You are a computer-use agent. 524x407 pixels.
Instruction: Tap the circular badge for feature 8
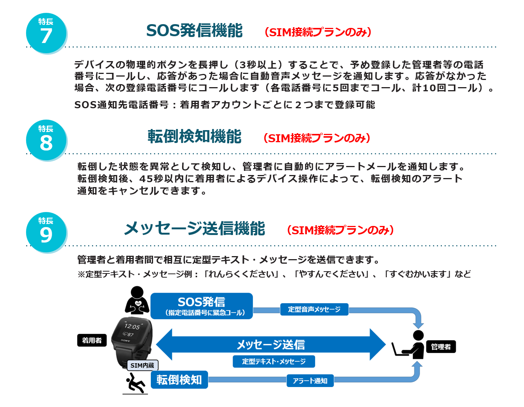point(46,140)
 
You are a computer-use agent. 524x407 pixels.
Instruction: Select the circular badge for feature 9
point(46,232)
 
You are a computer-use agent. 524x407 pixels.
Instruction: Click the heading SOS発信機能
point(194,31)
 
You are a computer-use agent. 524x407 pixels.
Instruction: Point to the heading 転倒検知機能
point(194,137)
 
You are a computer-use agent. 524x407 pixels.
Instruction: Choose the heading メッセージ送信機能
point(194,229)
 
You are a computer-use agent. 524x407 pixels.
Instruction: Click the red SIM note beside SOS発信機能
point(318,32)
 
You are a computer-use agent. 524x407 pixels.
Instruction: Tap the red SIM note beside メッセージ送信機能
point(340,230)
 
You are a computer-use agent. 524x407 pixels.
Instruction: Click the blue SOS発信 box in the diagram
point(202,306)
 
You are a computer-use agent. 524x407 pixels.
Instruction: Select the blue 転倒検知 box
point(179,379)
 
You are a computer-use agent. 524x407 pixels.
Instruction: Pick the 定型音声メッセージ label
point(314,309)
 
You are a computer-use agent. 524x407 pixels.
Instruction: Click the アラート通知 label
point(310,381)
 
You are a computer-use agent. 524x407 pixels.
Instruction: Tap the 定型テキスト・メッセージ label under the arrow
point(274,361)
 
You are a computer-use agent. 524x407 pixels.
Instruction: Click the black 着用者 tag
point(92,340)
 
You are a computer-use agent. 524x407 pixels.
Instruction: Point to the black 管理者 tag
point(441,347)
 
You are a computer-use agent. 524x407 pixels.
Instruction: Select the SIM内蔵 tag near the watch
point(142,365)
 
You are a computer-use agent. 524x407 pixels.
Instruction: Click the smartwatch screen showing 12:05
point(133,330)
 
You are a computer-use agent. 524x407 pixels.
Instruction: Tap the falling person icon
point(135,383)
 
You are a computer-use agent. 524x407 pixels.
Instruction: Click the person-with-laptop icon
point(409,345)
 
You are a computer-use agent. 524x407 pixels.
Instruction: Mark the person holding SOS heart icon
point(137,300)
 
